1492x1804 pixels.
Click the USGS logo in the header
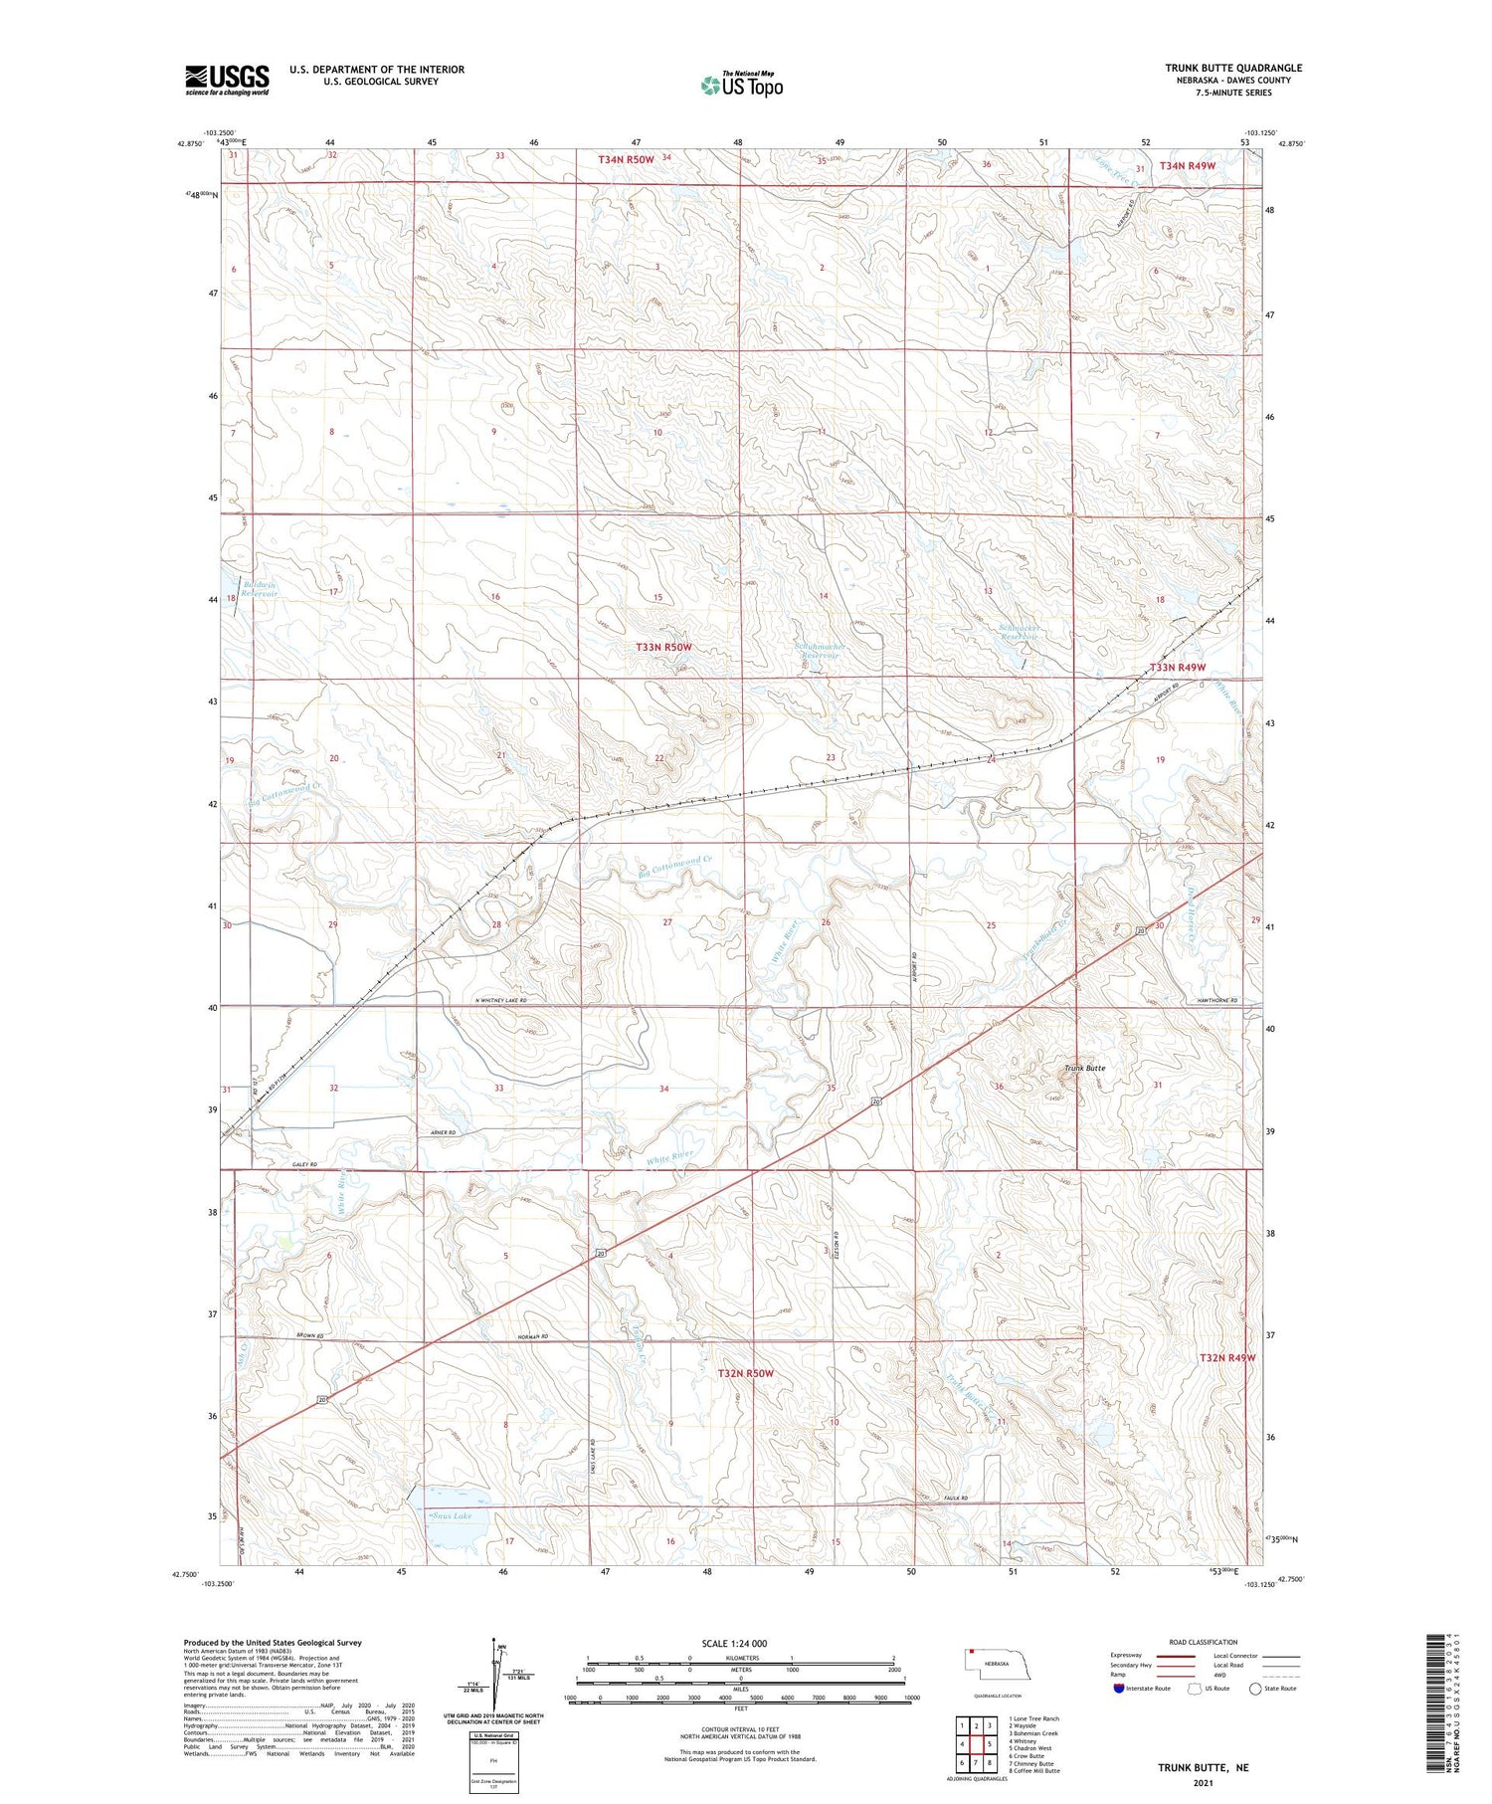227,80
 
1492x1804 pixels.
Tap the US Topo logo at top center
742,85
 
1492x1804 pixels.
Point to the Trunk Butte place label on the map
1084,1068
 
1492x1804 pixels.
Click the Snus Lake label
450,1515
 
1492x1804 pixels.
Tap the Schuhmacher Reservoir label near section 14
821,651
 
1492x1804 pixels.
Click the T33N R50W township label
663,647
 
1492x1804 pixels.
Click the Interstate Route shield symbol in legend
1119,1688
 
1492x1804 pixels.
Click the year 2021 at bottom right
1202,1781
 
